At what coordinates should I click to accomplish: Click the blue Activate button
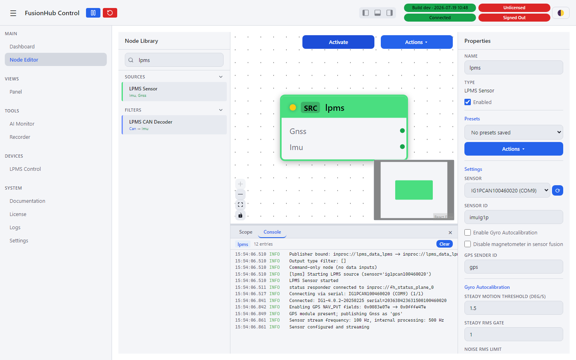(338, 42)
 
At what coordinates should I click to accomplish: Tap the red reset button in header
(110, 13)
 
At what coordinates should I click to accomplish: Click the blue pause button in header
(93, 13)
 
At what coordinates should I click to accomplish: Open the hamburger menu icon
(13, 13)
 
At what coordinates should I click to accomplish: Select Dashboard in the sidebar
(22, 46)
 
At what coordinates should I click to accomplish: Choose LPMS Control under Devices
(25, 169)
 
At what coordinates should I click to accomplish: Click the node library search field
(174, 60)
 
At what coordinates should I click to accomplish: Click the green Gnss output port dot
(402, 131)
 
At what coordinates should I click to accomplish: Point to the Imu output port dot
(402, 146)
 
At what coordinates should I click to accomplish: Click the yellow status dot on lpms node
(293, 108)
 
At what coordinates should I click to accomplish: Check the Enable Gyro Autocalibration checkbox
(468, 232)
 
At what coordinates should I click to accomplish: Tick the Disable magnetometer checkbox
(468, 244)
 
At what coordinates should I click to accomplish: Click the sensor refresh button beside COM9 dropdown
(558, 190)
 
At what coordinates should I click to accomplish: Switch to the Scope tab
(246, 232)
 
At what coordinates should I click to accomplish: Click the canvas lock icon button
(240, 215)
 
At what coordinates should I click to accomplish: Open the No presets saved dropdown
(514, 132)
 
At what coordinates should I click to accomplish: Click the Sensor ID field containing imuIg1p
(514, 217)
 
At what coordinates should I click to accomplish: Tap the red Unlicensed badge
(514, 8)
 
